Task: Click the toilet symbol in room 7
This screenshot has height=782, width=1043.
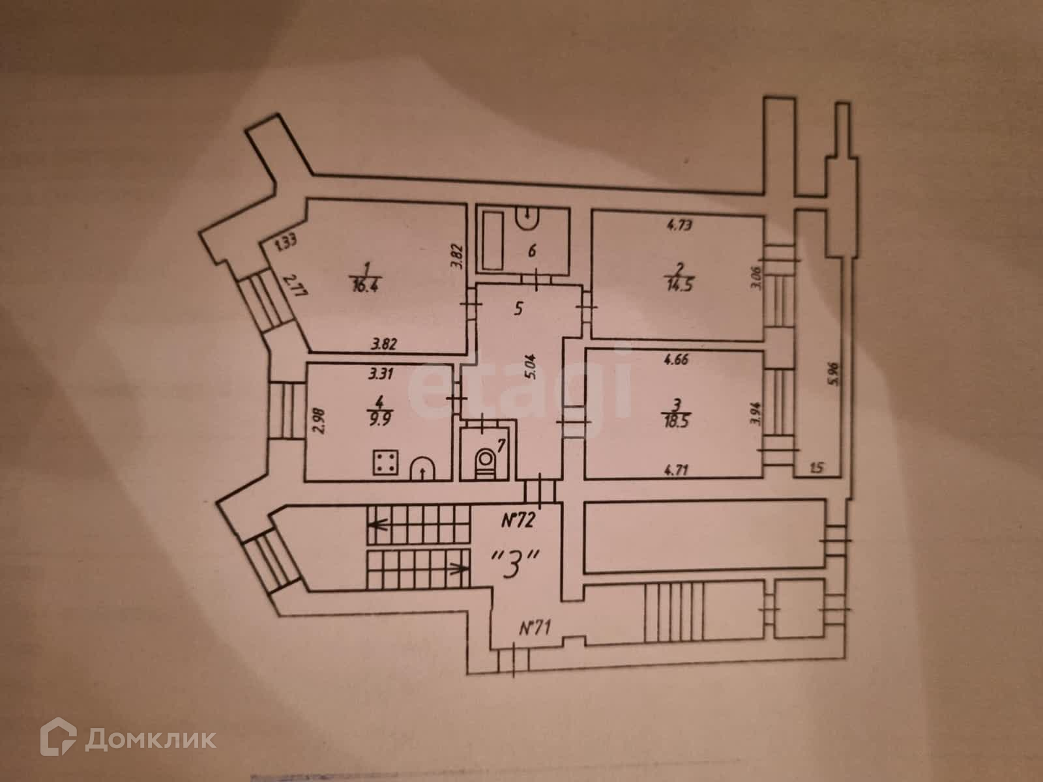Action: [483, 461]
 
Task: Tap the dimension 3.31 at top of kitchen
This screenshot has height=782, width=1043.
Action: [381, 374]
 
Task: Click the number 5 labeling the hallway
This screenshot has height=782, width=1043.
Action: [518, 309]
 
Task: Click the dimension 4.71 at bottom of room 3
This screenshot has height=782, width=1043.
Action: [678, 467]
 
